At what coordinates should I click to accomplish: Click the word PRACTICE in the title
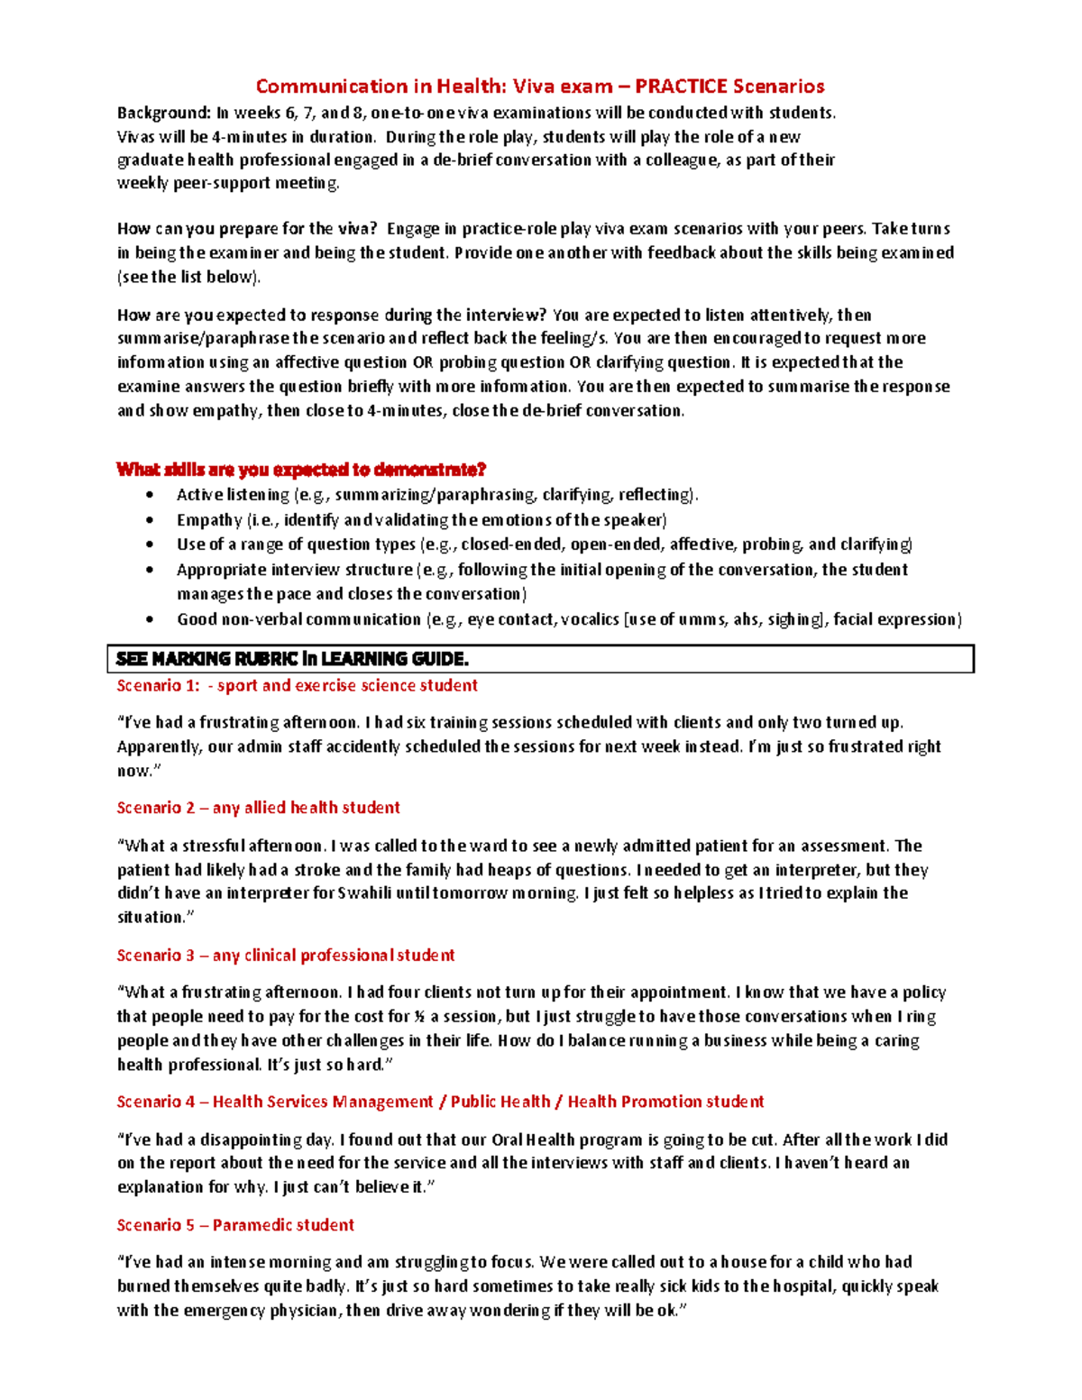coord(681,87)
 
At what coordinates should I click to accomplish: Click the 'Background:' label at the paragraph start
coord(163,113)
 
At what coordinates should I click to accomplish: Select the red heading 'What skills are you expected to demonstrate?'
coord(301,470)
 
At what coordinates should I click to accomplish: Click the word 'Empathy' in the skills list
coord(209,520)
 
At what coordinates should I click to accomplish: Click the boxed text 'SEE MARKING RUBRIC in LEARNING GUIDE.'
coord(292,659)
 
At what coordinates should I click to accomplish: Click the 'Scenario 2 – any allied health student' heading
coord(258,808)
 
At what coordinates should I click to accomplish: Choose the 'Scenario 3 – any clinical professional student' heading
coord(285,955)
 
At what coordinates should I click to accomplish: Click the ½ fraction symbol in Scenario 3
coord(419,1017)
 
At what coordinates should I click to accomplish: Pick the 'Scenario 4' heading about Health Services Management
coord(440,1102)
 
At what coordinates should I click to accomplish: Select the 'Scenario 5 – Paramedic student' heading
coord(235,1225)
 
